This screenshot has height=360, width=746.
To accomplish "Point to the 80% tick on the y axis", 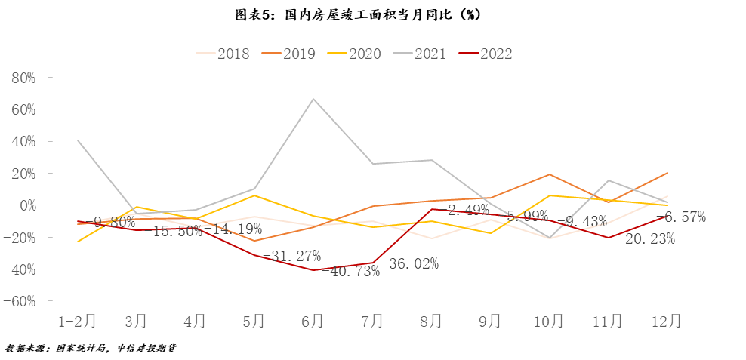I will click(23, 78).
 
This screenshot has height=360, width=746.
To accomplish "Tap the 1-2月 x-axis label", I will click(78, 321).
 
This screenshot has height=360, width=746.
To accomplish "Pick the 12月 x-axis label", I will click(667, 321).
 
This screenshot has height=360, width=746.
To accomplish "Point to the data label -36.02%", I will click(409, 263).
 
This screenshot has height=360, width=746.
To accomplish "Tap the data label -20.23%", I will click(646, 238).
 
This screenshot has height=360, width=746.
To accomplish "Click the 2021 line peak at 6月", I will click(313, 99).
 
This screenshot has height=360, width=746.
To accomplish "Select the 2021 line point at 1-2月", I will click(78, 140).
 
